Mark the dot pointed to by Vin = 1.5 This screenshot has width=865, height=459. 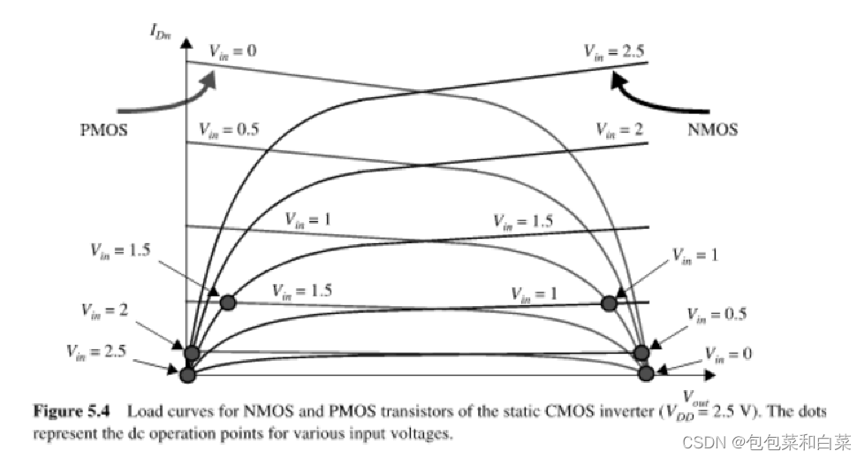pos(228,302)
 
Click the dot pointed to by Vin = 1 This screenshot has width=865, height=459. pos(608,302)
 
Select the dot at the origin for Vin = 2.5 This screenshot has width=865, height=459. pos(186,375)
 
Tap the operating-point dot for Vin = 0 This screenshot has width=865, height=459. pos(646,373)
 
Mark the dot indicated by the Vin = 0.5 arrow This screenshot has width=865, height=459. pos(642,353)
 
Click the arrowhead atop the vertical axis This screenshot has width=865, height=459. pos(186,41)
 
